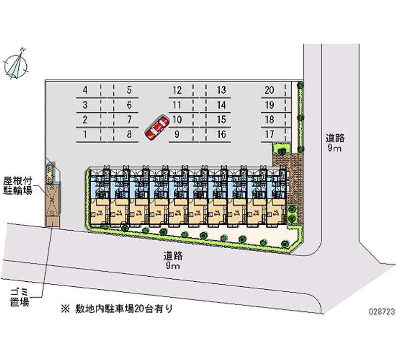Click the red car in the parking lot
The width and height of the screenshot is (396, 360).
click(x=157, y=128)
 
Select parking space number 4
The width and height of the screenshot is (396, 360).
click(x=86, y=90)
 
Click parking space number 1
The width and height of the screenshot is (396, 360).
click(x=86, y=134)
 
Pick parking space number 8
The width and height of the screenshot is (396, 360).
click(x=129, y=134)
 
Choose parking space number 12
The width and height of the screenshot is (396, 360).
click(x=177, y=90)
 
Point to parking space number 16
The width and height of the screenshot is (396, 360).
click(x=221, y=134)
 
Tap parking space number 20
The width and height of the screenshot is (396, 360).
click(x=269, y=90)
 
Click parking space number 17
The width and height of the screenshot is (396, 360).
click(x=269, y=134)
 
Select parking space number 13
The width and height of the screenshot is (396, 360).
click(x=221, y=90)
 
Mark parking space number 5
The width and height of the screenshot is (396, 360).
click(x=129, y=90)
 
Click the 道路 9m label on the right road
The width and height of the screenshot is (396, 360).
click(x=335, y=143)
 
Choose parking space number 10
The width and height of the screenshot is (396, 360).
click(x=177, y=119)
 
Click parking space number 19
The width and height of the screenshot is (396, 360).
click(x=269, y=105)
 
